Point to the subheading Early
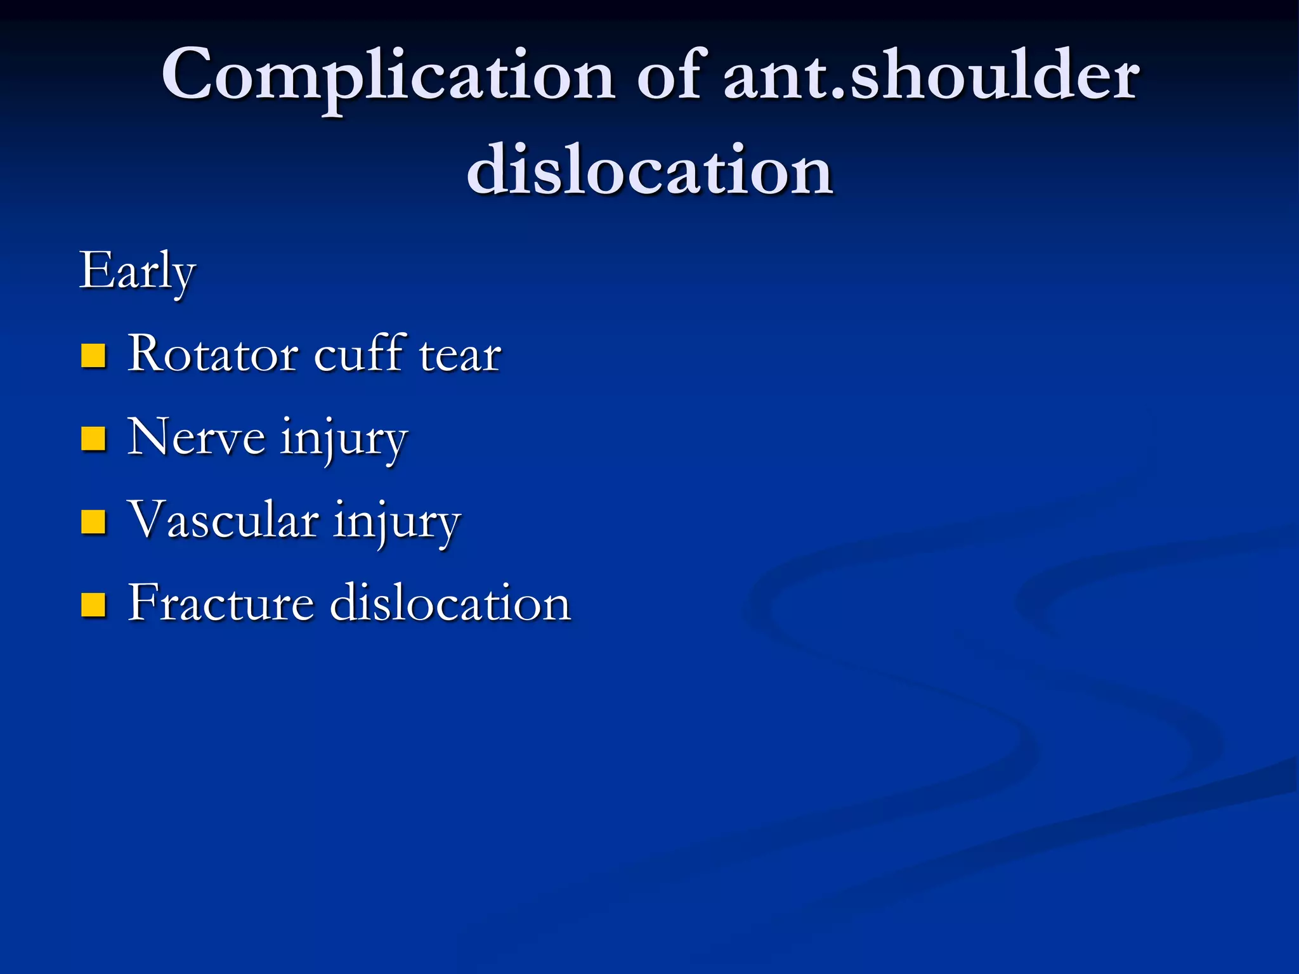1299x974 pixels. [137, 271]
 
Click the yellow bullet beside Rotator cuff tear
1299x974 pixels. [93, 356]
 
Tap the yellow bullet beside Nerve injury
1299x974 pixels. [93, 439]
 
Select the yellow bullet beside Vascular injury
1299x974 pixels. [93, 522]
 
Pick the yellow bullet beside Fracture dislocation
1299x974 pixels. [93, 605]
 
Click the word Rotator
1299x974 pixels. [212, 354]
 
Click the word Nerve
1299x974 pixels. [196, 438]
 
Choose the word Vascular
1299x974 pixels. [223, 520]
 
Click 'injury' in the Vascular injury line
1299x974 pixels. [397, 523]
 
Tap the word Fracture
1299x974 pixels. [221, 602]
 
